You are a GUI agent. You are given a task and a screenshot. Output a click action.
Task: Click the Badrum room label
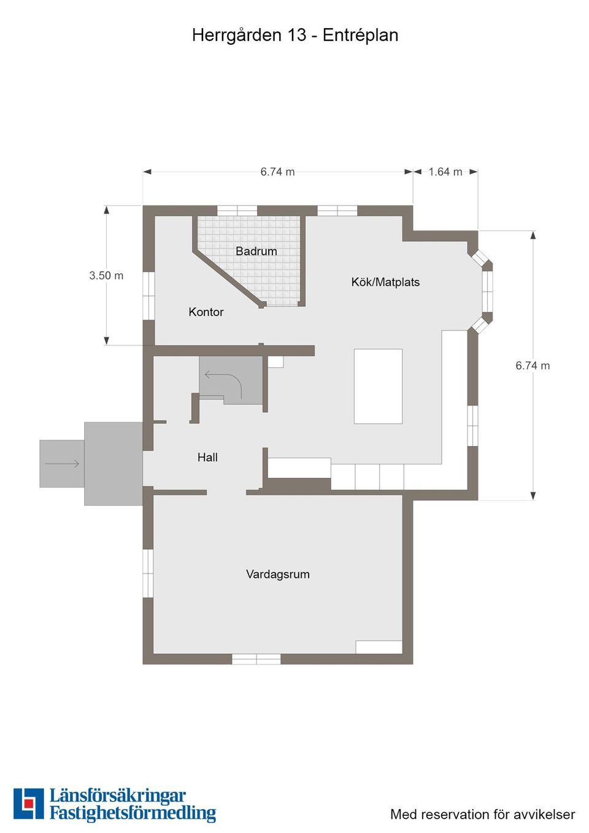[x=256, y=251]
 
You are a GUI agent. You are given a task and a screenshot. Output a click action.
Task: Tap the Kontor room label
[x=206, y=312]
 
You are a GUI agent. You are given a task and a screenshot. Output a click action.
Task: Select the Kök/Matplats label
[x=385, y=282]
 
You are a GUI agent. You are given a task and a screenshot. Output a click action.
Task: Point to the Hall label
[x=207, y=457]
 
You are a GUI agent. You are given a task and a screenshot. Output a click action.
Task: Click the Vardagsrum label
[x=278, y=574]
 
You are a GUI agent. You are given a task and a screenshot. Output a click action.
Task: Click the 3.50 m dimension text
[x=106, y=275]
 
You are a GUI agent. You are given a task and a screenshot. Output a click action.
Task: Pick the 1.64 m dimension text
[x=445, y=172]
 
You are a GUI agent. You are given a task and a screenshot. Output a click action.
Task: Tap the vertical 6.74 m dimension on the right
[x=533, y=366]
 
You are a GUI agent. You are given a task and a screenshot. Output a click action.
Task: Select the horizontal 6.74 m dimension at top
[x=277, y=172]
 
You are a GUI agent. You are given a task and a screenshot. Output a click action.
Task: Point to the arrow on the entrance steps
[x=62, y=463]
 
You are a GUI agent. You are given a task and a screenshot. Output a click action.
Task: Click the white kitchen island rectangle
[x=378, y=386]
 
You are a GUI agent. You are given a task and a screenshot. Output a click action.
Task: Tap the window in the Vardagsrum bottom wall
[x=256, y=659]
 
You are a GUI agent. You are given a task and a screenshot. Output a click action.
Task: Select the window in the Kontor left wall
[x=148, y=296]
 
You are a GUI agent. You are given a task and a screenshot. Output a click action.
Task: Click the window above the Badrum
[x=237, y=210]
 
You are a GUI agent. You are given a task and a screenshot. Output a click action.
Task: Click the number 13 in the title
[x=296, y=36]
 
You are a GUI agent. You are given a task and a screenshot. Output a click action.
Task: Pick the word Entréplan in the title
[x=360, y=36]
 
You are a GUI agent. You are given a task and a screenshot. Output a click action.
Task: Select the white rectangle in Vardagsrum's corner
[x=379, y=647]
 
